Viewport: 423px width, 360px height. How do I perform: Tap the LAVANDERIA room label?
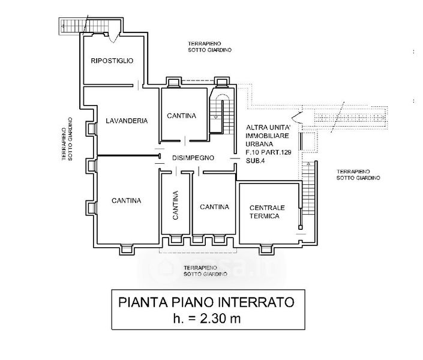click(126, 121)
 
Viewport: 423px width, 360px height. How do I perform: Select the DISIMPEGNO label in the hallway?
click(193, 157)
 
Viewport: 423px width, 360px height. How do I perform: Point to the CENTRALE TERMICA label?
click(264, 211)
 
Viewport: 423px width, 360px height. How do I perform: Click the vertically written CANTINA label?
click(176, 206)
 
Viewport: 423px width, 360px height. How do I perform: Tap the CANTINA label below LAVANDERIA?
click(126, 200)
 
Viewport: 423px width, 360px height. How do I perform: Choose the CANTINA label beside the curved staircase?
click(181, 116)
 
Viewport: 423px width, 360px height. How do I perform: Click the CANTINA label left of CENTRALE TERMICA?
click(214, 207)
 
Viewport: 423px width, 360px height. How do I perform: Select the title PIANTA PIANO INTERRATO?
click(206, 302)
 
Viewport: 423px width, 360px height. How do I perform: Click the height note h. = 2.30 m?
click(206, 319)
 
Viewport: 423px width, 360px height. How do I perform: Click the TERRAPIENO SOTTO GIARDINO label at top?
click(209, 47)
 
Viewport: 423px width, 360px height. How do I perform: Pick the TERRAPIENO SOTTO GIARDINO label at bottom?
click(206, 270)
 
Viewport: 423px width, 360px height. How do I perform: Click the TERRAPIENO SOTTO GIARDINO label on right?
click(358, 174)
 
